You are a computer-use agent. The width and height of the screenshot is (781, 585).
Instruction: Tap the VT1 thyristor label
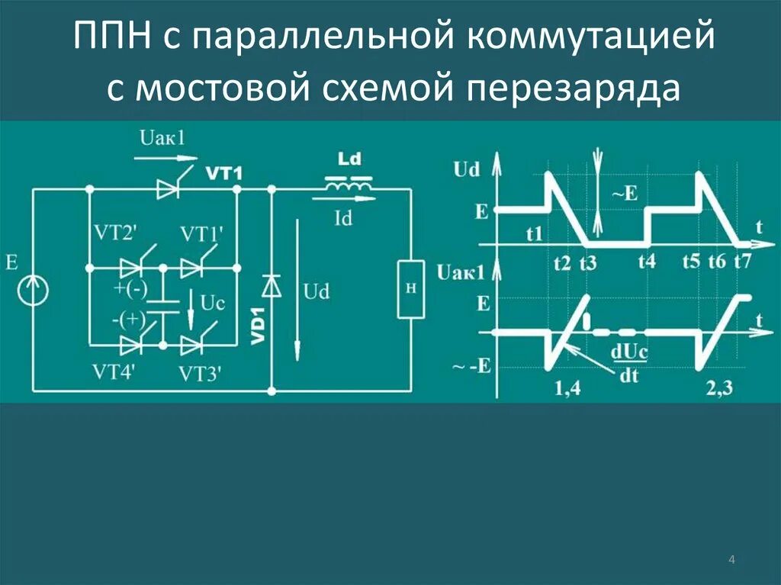tap(223, 174)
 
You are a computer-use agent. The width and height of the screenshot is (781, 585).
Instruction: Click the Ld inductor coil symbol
tap(349, 184)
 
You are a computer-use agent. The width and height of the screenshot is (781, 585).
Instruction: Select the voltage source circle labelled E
tap(33, 291)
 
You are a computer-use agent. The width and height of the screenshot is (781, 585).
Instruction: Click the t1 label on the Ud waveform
tap(534, 234)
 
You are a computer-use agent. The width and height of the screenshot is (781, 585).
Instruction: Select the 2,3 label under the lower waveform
tap(719, 388)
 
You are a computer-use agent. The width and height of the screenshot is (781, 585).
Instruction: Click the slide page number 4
tap(732, 561)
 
